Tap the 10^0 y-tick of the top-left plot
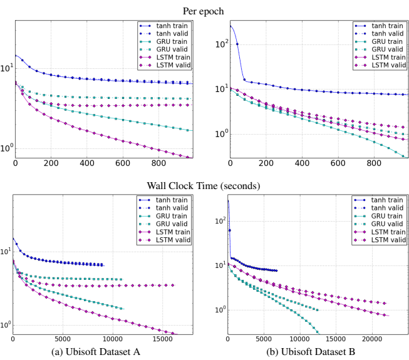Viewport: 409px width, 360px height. click(x=6, y=148)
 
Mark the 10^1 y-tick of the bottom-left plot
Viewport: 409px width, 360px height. click(x=6, y=251)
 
